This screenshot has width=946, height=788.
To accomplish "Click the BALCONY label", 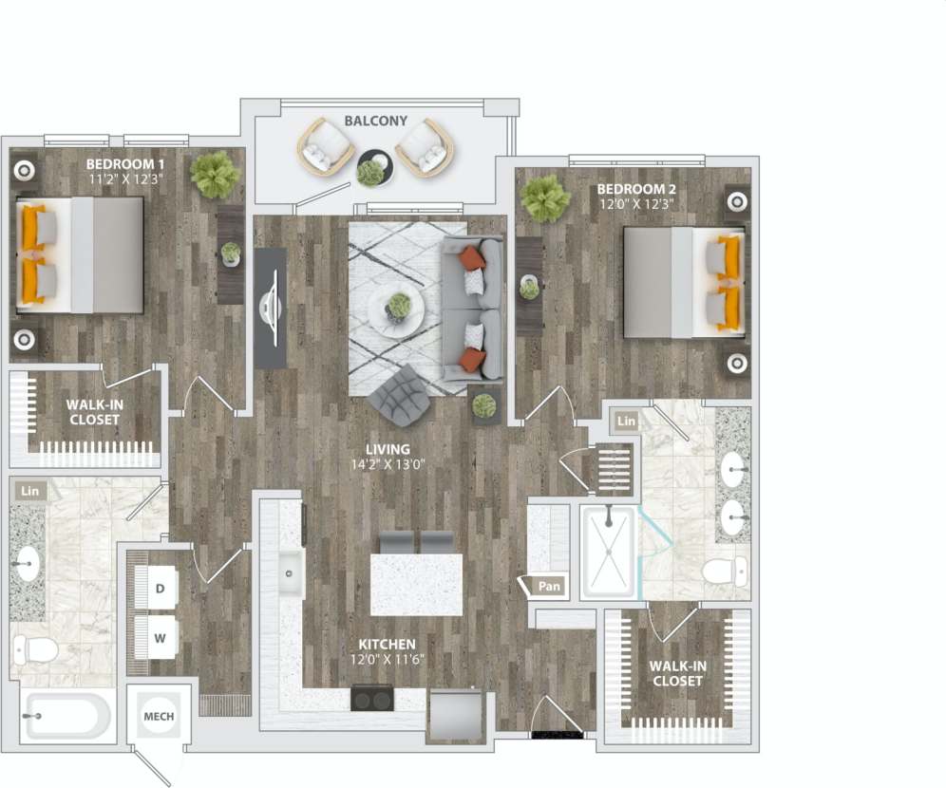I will (x=375, y=122).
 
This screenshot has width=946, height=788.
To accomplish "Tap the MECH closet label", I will (x=158, y=716).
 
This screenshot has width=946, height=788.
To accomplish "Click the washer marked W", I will (x=161, y=637).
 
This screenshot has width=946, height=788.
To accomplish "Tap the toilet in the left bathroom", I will (x=36, y=650).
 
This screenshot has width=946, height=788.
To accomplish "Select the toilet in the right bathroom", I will (x=727, y=572).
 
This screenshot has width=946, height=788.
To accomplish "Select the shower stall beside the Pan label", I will (x=608, y=552).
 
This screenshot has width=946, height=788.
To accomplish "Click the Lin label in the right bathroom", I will (x=626, y=421).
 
